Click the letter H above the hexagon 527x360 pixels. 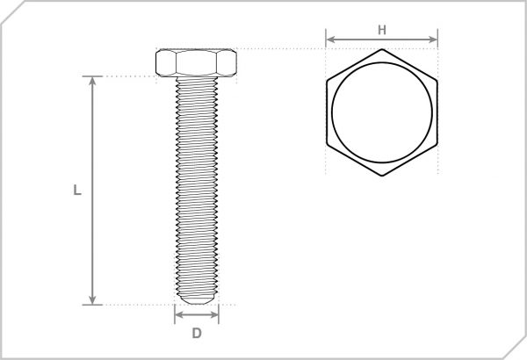point(381,28)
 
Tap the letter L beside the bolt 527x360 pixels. point(77,189)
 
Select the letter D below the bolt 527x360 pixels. point(197,333)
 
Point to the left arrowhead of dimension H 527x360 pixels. point(329,39)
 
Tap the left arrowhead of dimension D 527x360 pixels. point(178,313)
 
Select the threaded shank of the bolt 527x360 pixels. point(196,184)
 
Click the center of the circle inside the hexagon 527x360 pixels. point(382,112)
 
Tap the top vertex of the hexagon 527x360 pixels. point(382,50)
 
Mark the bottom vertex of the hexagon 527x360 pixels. point(382,176)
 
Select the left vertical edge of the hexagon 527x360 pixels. point(327,112)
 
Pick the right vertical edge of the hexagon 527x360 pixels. point(437,112)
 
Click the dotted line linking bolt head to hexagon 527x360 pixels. point(281,48)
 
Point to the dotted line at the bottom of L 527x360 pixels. point(132,306)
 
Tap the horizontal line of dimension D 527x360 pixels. point(197,313)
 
